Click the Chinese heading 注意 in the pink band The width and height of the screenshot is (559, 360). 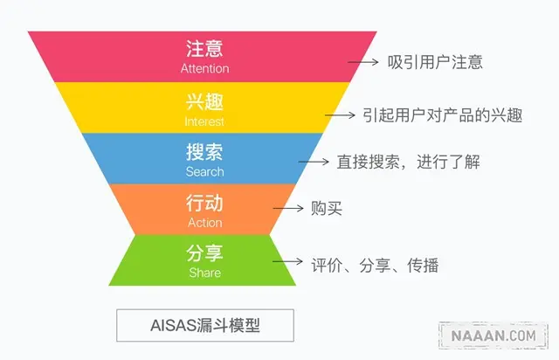204,49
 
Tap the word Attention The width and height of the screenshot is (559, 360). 204,68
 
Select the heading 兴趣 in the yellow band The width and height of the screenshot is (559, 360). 204,101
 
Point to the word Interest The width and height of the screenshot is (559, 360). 204,121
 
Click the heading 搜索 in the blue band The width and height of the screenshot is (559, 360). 204,152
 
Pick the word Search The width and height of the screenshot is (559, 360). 204,171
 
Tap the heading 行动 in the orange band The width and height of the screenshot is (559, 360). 204,204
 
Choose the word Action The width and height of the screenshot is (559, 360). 204,222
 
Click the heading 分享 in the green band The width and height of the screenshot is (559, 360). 204,253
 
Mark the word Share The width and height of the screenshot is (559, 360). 204,273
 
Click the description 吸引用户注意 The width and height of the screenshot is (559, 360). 435,62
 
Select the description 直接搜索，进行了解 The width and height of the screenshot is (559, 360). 409,162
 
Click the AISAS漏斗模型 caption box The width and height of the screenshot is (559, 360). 204,326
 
